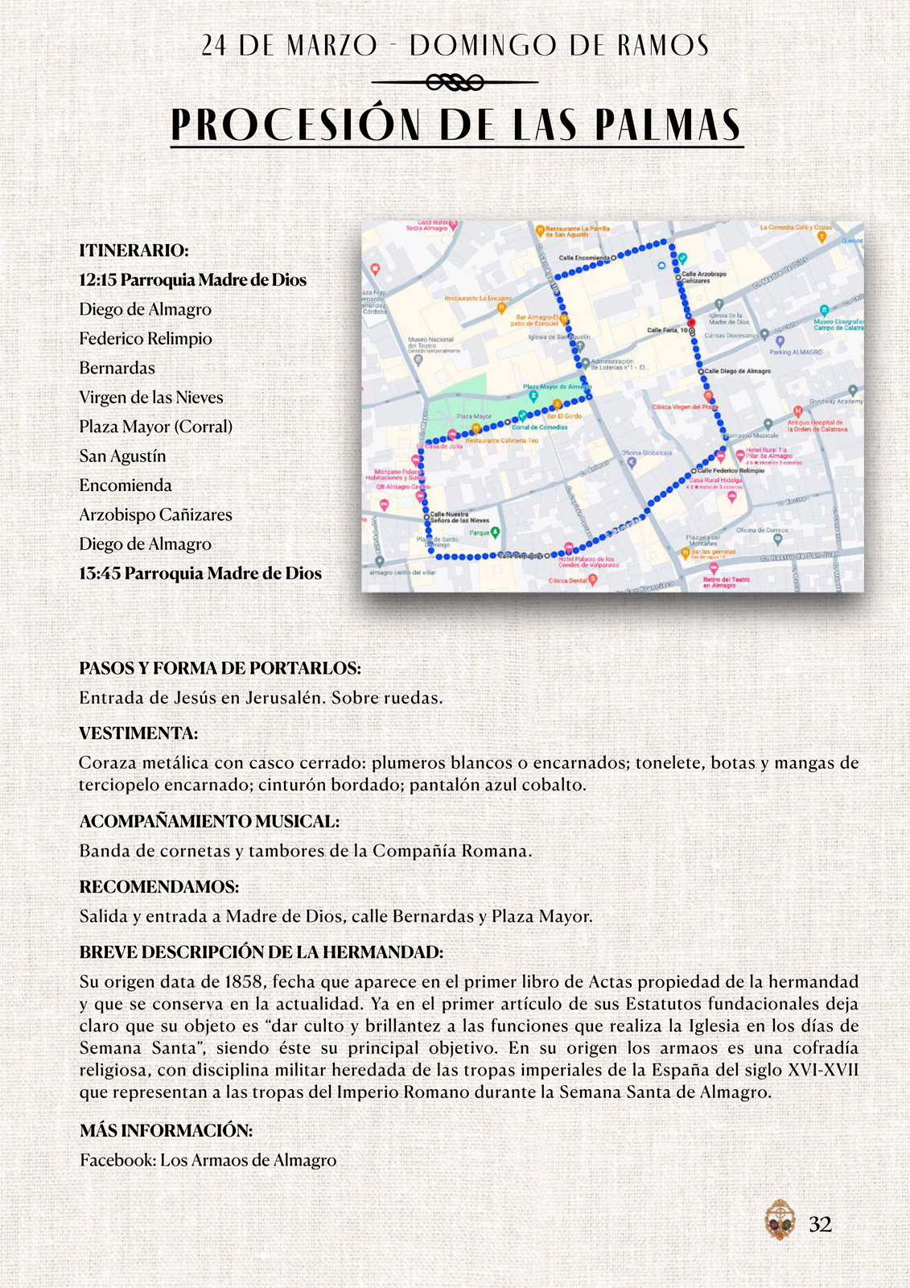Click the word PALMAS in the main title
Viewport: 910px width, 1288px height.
pos(668,126)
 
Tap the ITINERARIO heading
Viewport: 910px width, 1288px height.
pos(134,250)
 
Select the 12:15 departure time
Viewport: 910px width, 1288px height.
pos(98,280)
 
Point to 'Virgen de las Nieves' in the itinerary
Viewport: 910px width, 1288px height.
pos(151,398)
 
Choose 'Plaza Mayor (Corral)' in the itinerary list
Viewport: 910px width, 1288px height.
pos(155,427)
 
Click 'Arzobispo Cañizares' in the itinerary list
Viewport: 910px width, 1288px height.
pos(155,515)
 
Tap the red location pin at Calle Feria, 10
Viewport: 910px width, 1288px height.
pos(691,323)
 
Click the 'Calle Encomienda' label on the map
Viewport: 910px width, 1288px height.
pos(584,258)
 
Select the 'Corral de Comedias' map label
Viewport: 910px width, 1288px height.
pos(540,427)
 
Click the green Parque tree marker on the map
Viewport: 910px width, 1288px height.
pos(496,532)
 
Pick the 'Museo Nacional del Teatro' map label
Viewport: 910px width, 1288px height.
pos(430,342)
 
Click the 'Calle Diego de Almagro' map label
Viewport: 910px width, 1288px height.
pos(737,371)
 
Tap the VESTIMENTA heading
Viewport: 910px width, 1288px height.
pos(138,733)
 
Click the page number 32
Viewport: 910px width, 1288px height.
pos(820,1224)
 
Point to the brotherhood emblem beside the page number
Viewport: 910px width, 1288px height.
pos(779,1220)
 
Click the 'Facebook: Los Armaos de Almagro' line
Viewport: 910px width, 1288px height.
pos(208,1160)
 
